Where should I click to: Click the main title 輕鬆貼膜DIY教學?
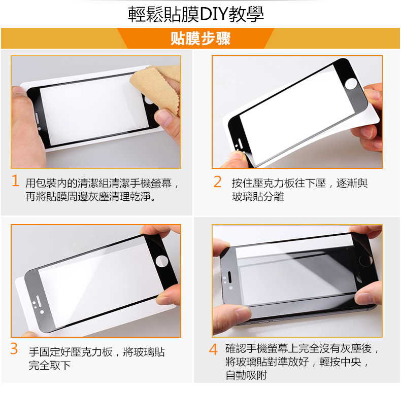(x=195, y=14)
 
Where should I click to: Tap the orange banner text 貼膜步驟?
(x=201, y=39)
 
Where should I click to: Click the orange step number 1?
(x=15, y=181)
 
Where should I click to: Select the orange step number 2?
(x=217, y=182)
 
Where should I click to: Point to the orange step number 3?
(x=14, y=348)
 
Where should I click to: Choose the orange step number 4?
(x=213, y=349)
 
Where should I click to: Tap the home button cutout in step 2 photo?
(x=351, y=84)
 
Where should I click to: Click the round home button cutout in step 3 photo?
(x=162, y=261)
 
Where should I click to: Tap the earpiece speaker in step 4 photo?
(x=229, y=277)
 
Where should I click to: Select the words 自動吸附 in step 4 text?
(x=246, y=375)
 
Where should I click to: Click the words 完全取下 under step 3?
(x=50, y=365)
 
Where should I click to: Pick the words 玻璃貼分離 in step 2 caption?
(x=258, y=197)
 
